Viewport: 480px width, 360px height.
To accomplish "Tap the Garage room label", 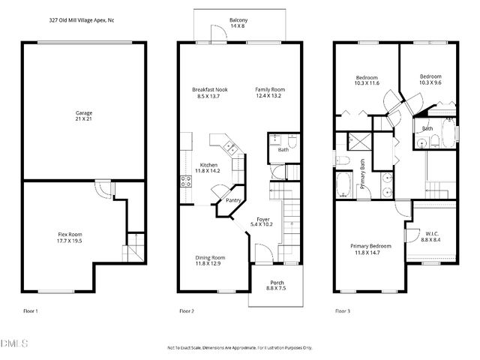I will (x=82, y=112).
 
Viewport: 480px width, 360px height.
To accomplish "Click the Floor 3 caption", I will (x=342, y=310).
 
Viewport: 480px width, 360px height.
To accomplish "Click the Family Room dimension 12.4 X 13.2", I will (x=269, y=96).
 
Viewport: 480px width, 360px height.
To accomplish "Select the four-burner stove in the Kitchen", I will (x=184, y=181).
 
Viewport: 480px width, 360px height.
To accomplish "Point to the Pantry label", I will (x=234, y=200).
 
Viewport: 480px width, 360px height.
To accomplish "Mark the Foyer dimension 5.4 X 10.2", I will (x=263, y=224).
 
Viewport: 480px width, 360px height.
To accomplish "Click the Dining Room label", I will (x=210, y=257).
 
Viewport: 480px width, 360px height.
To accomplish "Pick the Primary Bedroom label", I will (x=370, y=245).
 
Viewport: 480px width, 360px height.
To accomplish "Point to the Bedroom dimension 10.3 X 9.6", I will (x=430, y=83).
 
